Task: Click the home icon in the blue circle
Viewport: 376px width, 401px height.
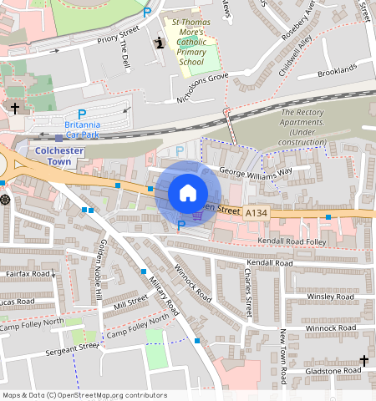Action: pyautogui.click(x=188, y=193)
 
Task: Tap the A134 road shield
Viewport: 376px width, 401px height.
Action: pyautogui.click(x=257, y=214)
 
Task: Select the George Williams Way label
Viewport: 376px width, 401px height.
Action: pyautogui.click(x=255, y=171)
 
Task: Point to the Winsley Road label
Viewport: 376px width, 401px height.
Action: pyautogui.click(x=331, y=297)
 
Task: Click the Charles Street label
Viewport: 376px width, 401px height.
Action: pyautogui.click(x=248, y=292)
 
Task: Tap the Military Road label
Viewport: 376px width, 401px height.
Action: pyautogui.click(x=164, y=295)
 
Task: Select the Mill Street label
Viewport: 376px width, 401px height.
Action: pyautogui.click(x=130, y=302)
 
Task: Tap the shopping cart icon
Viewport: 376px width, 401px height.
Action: pyautogui.click(x=197, y=215)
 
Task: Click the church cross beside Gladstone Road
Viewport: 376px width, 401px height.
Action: pyautogui.click(x=363, y=360)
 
